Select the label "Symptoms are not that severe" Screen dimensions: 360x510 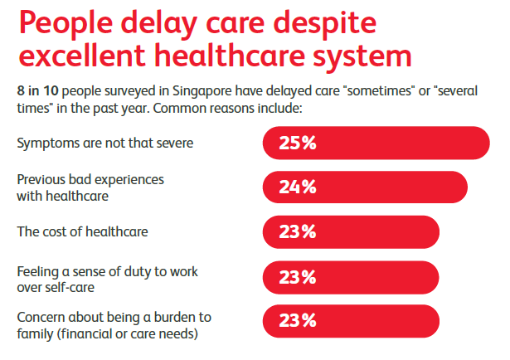pyautogui.click(x=104, y=143)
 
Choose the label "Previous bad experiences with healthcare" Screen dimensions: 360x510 pyautogui.click(x=90, y=187)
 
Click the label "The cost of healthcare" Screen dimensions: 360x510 pyautogui.click(x=82, y=231)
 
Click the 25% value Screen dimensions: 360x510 pyautogui.click(x=297, y=143)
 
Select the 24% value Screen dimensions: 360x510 pyautogui.click(x=297, y=187)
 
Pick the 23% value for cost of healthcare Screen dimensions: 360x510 pyautogui.click(x=297, y=231)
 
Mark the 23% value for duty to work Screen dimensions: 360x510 pyautogui.click(x=297, y=276)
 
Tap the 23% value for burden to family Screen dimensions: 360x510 pyautogui.click(x=297, y=321)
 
